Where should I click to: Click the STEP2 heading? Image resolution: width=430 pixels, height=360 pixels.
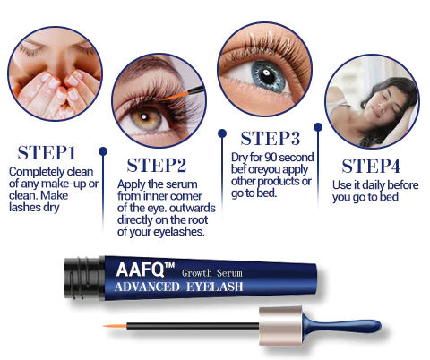[156, 165]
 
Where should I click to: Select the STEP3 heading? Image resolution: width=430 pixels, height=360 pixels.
[270, 138]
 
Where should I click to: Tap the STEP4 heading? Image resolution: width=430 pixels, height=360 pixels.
[373, 166]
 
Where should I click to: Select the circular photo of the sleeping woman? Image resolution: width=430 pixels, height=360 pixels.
[372, 100]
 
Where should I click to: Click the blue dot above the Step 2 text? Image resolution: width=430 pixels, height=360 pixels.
[104, 151]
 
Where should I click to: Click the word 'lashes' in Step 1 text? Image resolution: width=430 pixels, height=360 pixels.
[26, 207]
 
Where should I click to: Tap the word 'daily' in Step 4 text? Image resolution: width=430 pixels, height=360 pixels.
[367, 185]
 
